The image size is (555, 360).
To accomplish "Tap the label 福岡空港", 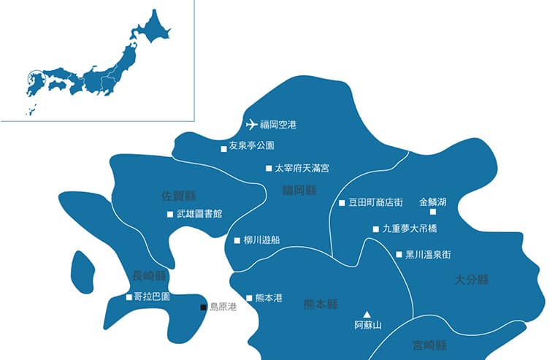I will coord(279,125).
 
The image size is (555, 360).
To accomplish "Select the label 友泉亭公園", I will coord(252,145).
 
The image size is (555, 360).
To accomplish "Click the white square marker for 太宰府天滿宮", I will coord(268,168).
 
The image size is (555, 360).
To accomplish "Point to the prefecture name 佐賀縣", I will coord(180,196).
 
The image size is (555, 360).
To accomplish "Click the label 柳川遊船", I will coord(261,240).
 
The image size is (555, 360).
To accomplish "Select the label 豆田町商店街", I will coord(376,202).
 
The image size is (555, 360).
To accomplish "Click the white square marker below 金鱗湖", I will coord(432,212).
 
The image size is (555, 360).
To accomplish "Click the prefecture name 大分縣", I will coord(471,280).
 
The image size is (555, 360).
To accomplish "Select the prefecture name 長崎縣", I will coord(150,275).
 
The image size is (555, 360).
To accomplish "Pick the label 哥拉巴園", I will coord(152,297).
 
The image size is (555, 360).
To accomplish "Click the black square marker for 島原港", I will coord(204,307).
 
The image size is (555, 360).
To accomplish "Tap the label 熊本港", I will coord(269,298).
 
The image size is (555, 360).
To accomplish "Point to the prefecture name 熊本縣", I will coord(321,305).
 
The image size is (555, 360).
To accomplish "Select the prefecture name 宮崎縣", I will coord(429,345).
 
